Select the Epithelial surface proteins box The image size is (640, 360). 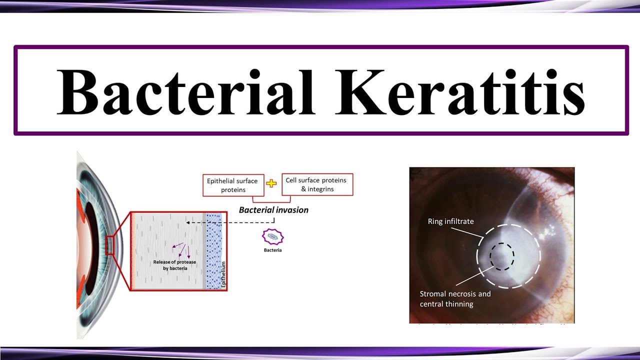tap(232, 185)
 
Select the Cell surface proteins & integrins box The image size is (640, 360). tap(317, 184)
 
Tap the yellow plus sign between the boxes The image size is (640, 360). tap(271, 183)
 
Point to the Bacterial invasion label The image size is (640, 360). tap(273, 210)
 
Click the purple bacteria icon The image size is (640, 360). tap(272, 236)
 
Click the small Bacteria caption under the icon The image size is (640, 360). tap(272, 250)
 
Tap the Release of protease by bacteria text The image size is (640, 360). tap(175, 265)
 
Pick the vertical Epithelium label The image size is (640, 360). tap(223, 274)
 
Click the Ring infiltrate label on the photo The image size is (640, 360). tap(450, 221)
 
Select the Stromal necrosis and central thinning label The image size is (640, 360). tap(455, 298)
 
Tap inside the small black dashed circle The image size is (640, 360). tap(501, 257)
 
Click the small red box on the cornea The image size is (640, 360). tap(110, 246)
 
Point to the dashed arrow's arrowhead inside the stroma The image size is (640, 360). tap(187, 222)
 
